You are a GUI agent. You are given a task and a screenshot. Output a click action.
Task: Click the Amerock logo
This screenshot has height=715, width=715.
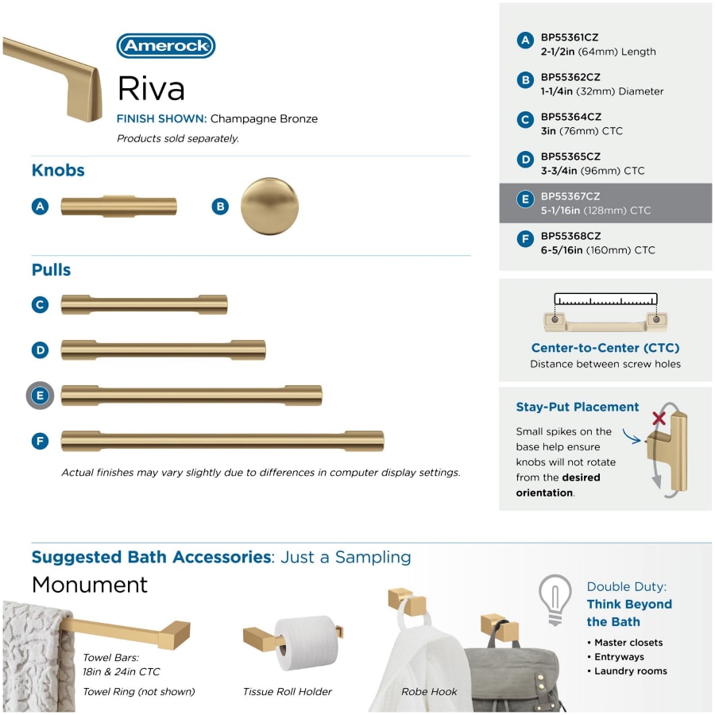click(x=166, y=46)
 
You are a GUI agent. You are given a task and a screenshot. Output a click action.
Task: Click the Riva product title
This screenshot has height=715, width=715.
click(x=151, y=87)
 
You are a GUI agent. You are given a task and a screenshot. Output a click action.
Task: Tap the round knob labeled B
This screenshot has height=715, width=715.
click(x=269, y=206)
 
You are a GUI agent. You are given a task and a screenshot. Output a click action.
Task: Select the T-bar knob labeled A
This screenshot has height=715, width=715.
click(x=119, y=206)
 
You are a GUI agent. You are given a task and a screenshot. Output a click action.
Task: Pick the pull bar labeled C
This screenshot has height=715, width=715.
click(x=144, y=304)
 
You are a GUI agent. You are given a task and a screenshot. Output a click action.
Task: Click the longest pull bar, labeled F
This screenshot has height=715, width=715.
click(x=222, y=441)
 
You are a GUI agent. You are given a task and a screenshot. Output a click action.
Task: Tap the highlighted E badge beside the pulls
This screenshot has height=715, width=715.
click(x=41, y=396)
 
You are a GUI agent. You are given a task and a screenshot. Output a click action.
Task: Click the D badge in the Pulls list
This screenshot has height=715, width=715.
click(x=41, y=350)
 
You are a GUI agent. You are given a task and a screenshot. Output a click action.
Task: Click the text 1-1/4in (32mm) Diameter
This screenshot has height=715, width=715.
click(x=602, y=91)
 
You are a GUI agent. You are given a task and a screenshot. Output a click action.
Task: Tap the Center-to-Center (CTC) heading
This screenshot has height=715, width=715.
click(x=605, y=348)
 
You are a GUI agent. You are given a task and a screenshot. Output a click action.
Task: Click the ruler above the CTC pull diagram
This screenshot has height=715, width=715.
click(x=605, y=300)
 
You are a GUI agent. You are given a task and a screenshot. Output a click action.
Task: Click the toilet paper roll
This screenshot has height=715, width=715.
click(x=305, y=642)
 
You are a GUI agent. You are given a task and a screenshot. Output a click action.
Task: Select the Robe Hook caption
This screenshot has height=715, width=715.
click(x=429, y=692)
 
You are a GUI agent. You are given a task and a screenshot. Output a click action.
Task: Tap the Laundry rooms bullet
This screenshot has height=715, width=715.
click(x=631, y=671)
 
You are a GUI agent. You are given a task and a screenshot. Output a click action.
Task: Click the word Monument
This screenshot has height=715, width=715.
click(x=90, y=586)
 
